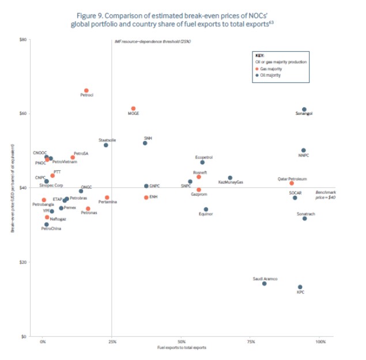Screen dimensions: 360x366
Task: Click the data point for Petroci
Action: pos(86,91)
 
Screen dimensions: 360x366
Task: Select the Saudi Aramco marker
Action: pos(265,283)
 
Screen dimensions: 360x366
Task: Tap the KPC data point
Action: pos(300,287)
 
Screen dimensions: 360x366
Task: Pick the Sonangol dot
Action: pos(304,109)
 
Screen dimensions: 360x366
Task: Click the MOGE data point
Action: pos(133,108)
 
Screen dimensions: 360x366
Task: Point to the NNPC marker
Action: pos(304,150)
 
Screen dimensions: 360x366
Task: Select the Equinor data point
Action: pos(206,209)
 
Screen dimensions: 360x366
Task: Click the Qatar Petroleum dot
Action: pos(292,183)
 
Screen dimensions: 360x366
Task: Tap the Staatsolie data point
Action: pos(106,145)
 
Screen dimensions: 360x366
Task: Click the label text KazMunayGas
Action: pos(231,182)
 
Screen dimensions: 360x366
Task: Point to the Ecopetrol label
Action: pos(204,157)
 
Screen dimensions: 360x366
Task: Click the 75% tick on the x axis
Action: pos(251,342)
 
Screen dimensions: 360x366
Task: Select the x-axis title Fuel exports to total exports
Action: pos(182,348)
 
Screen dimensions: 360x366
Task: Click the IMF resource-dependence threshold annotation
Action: pos(152,42)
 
